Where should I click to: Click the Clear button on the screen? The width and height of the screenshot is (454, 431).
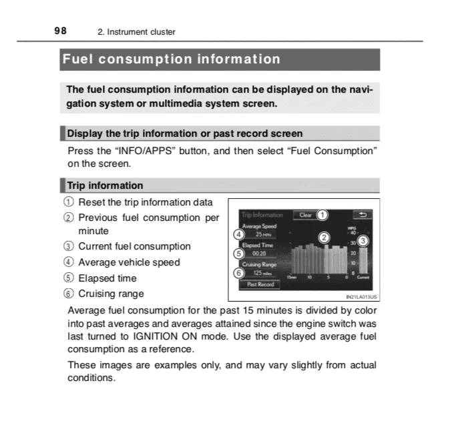[x=306, y=215]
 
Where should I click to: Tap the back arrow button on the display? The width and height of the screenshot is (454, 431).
[x=364, y=215]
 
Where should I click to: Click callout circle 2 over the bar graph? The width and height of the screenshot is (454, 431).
[x=324, y=238]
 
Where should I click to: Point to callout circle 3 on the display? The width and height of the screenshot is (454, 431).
[x=363, y=240]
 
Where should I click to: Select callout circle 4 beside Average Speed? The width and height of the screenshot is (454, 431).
[x=238, y=235]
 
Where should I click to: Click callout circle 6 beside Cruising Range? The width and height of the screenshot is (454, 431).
[x=238, y=272]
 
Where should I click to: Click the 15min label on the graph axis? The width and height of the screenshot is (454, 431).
[x=292, y=277]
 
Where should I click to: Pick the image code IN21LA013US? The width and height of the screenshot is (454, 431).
[x=360, y=298]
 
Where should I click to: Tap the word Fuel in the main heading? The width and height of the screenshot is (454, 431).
[x=78, y=59]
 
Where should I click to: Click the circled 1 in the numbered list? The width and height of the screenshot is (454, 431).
[x=71, y=202]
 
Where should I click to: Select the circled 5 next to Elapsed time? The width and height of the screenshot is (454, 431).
[x=71, y=278]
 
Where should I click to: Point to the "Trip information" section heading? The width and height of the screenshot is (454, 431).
[x=105, y=185]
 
